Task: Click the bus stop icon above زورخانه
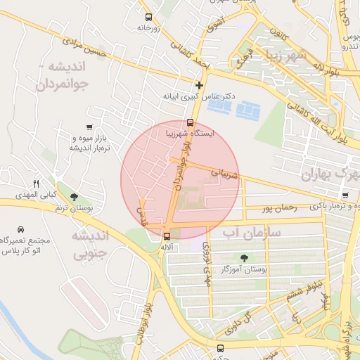coord(148,18)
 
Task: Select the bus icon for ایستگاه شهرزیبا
coord(190,122)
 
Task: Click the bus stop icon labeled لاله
coord(167,236)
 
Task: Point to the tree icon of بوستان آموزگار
coord(245,258)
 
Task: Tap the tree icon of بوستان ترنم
coord(75,197)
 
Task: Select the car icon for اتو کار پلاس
coord(20,230)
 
